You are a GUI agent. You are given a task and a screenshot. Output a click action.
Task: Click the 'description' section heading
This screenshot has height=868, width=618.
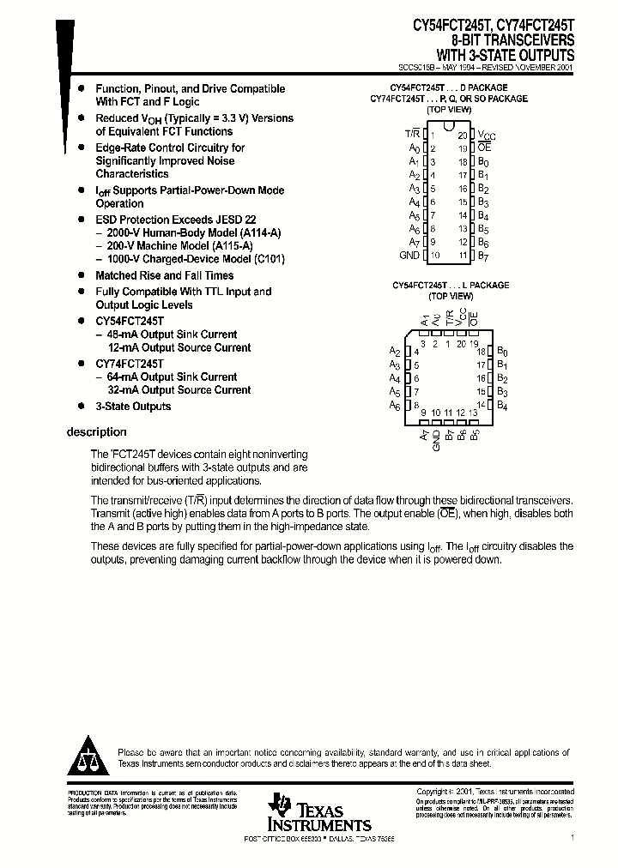coord(96,432)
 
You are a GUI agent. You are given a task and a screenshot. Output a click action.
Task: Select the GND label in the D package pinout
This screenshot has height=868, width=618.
coord(409,256)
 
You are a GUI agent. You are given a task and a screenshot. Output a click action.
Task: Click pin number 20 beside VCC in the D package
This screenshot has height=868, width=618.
coord(462,136)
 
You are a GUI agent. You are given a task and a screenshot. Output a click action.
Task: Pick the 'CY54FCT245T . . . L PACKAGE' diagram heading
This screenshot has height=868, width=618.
coord(451,285)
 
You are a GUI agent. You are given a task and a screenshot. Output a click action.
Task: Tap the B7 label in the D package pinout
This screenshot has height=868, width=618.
coord(484,256)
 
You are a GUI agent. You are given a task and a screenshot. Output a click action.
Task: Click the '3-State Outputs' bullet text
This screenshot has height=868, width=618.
coord(133,407)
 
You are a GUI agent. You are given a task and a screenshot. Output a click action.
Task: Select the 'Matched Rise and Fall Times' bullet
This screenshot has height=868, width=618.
coord(164,275)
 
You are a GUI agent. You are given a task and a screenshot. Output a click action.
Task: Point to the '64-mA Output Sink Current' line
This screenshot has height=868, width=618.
coord(172,377)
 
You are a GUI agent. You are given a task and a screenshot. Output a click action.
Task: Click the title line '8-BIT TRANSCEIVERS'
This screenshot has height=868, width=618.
coord(513,40)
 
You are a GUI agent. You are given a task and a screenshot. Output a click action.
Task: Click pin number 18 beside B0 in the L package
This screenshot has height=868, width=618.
coord(482,352)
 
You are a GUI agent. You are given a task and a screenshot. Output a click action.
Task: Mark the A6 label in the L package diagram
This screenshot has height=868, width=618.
coord(395,405)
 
